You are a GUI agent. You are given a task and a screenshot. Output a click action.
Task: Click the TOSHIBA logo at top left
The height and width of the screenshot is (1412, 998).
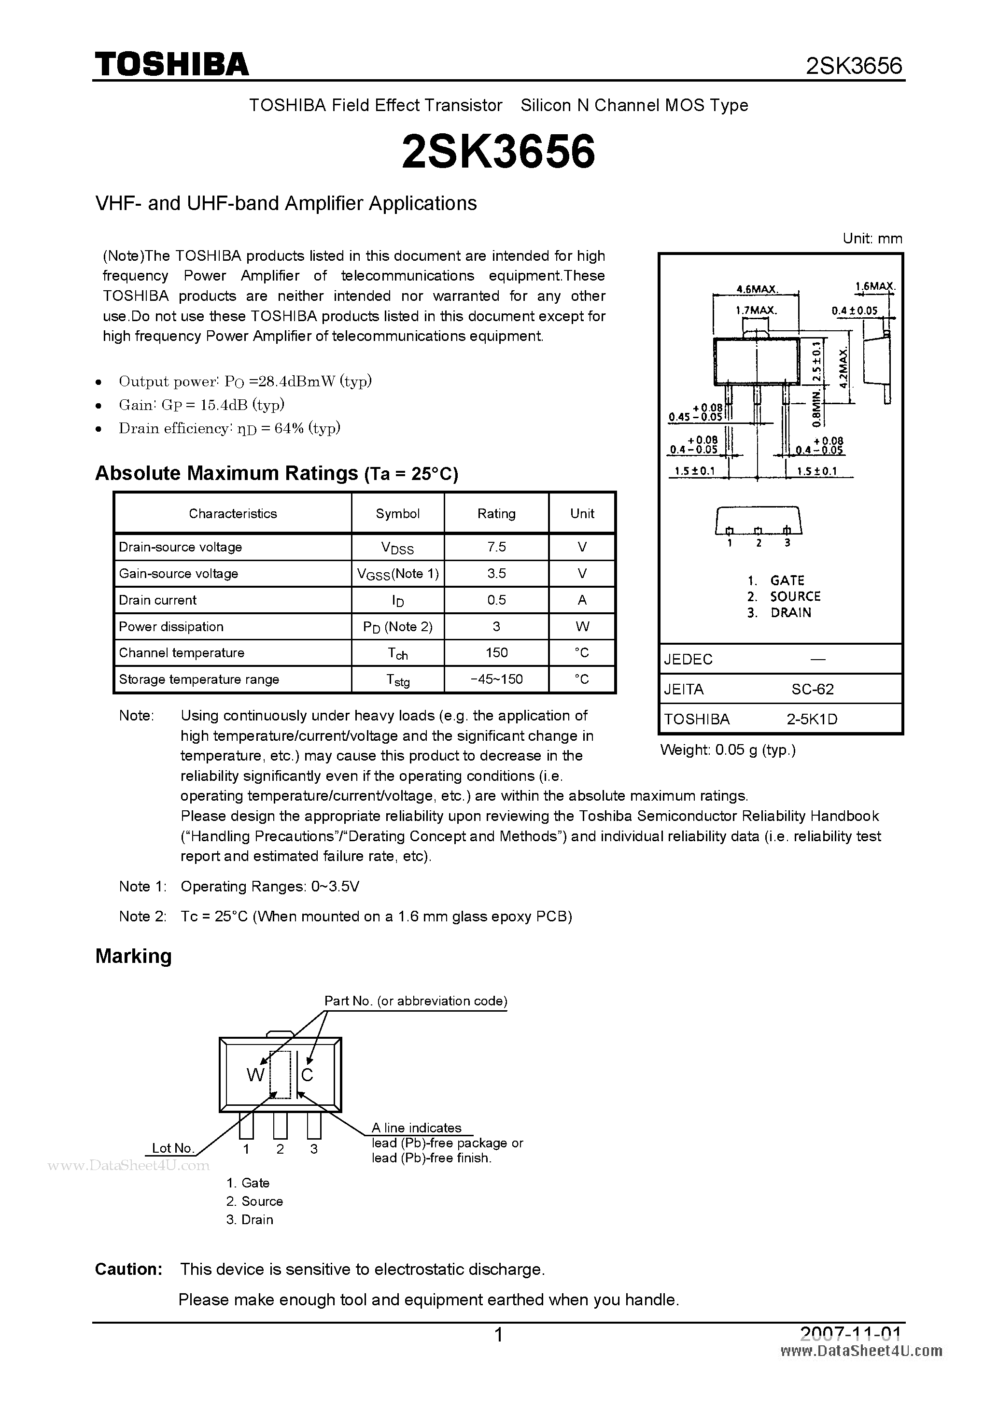(x=171, y=65)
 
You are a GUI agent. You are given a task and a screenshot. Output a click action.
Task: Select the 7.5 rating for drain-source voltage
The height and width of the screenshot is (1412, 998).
(x=496, y=547)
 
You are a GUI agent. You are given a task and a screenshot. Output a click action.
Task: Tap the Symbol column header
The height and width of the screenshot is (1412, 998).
(x=397, y=513)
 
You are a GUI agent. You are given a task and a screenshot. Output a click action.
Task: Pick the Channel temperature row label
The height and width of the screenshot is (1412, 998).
(x=182, y=652)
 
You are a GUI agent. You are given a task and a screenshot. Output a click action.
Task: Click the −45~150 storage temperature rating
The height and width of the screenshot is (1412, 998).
(x=496, y=679)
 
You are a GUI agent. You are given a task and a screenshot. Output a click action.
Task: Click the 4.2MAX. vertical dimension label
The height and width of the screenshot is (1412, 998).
(x=843, y=367)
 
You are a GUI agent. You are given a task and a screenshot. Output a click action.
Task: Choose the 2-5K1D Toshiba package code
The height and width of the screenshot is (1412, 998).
(x=812, y=719)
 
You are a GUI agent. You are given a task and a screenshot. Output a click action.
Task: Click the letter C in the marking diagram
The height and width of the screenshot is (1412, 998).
(x=308, y=1075)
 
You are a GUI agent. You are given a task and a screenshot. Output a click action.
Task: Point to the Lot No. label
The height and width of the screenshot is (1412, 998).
(x=173, y=1148)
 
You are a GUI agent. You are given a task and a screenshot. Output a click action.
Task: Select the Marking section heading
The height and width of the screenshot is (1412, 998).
(x=133, y=956)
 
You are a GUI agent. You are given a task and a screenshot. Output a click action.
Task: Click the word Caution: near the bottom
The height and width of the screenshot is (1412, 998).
(x=128, y=1270)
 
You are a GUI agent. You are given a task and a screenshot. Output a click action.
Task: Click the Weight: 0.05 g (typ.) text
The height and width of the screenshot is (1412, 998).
(x=728, y=749)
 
